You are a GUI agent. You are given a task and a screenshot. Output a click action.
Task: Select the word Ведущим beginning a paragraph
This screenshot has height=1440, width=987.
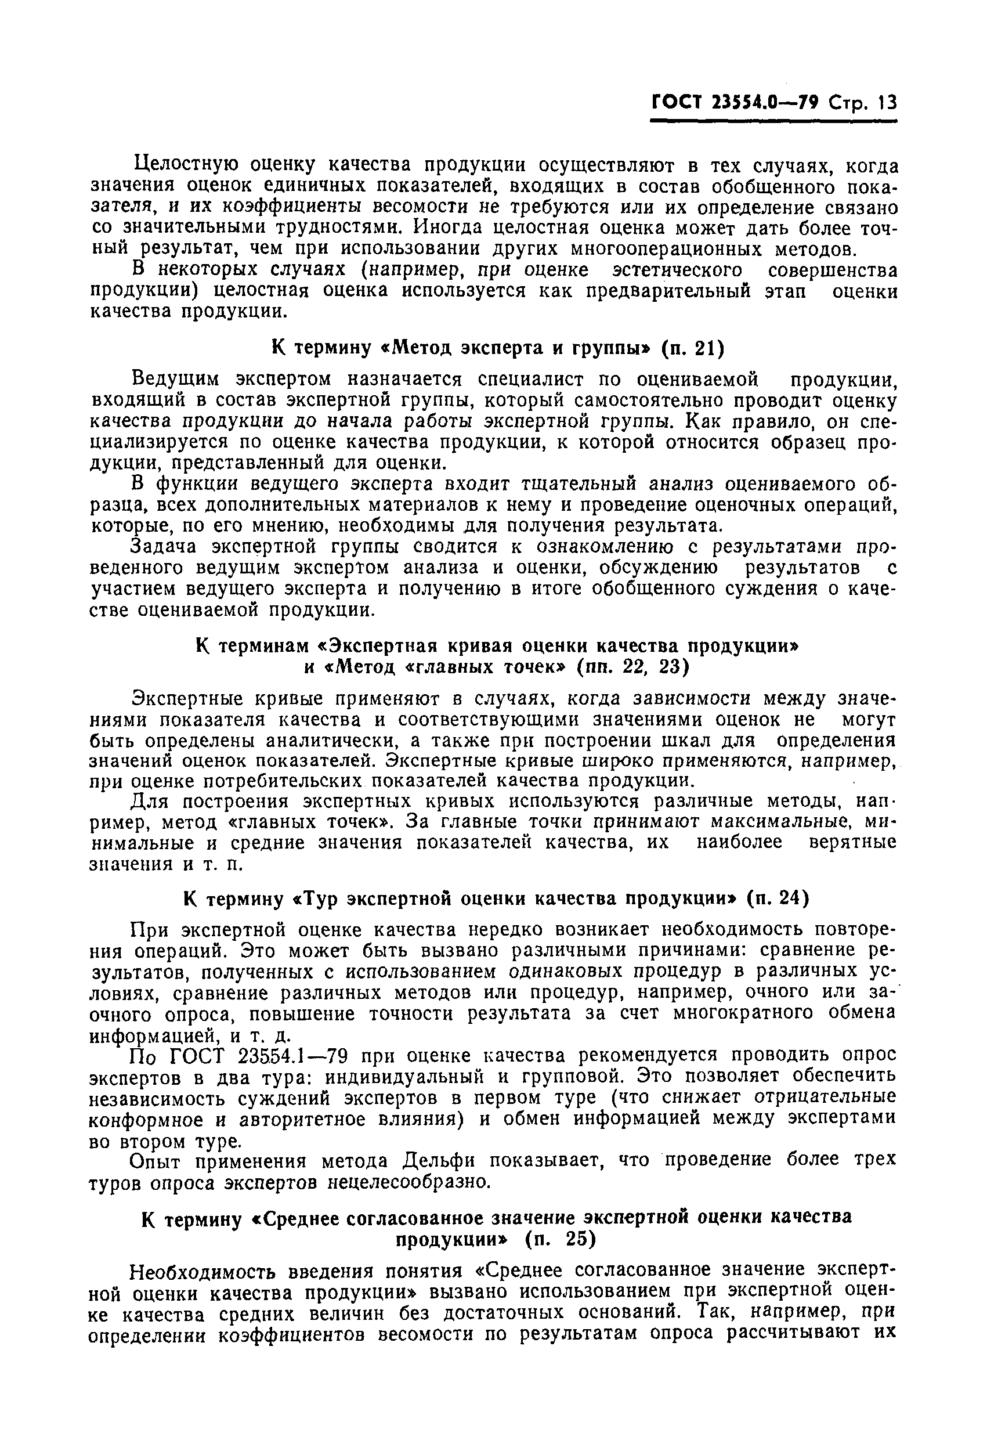tap(177, 378)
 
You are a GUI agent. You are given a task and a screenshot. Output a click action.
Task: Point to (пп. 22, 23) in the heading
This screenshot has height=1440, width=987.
tap(632, 667)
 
